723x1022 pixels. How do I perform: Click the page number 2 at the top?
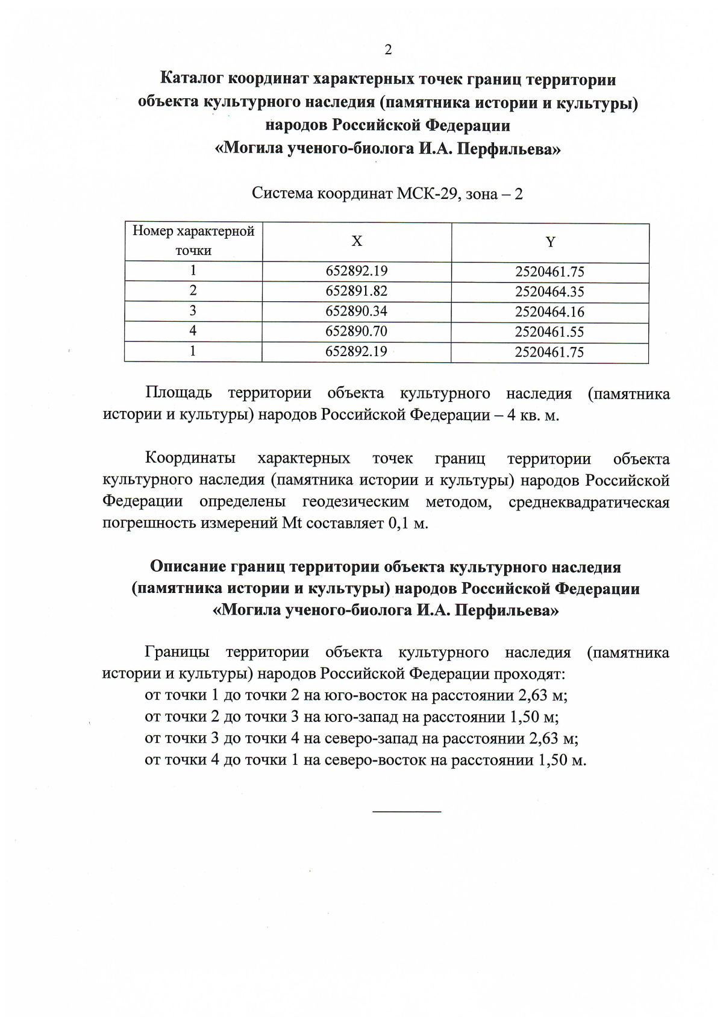[x=388, y=50]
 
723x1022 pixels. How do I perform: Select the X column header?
[x=357, y=241]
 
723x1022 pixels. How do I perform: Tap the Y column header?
[x=550, y=242]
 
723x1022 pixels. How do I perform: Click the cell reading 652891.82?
[x=356, y=291]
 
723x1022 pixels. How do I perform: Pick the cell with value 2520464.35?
[x=549, y=292]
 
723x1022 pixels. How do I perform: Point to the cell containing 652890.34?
[x=356, y=311]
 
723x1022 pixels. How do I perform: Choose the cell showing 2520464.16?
[x=549, y=312]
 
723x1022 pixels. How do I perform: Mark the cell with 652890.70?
[x=356, y=331]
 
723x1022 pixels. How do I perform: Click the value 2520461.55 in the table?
[x=549, y=332]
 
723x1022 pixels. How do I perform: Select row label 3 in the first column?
[x=193, y=310]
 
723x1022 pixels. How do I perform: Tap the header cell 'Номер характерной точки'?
[x=193, y=240]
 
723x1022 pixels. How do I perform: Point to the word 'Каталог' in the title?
[x=192, y=79]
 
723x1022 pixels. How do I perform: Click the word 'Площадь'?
[x=178, y=394]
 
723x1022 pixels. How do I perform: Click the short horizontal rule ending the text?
[x=407, y=812]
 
